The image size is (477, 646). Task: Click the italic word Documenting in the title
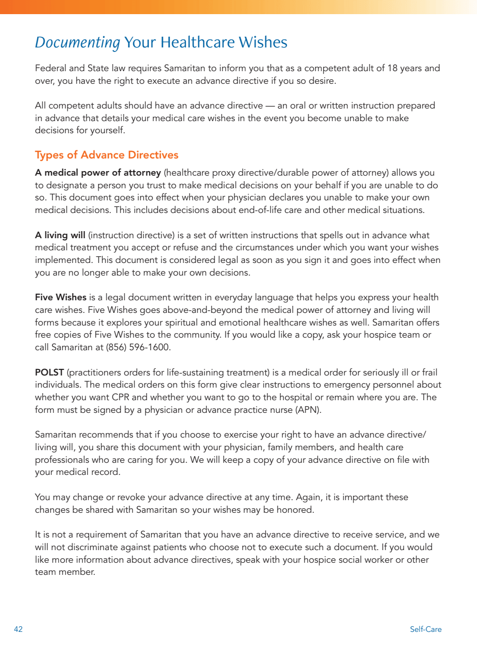pos(77,42)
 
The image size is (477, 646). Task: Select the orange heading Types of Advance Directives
pos(106,154)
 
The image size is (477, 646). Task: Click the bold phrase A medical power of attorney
pos(98,173)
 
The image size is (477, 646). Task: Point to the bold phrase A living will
pos(60,235)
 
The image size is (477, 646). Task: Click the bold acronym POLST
pos(49,372)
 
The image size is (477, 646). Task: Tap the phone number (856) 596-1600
pos(138,347)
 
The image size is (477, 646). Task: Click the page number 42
pos(19,629)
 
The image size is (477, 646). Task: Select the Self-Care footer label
pos(426,629)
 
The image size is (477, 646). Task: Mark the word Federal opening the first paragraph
pos(49,68)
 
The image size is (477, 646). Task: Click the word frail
pos(430,372)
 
